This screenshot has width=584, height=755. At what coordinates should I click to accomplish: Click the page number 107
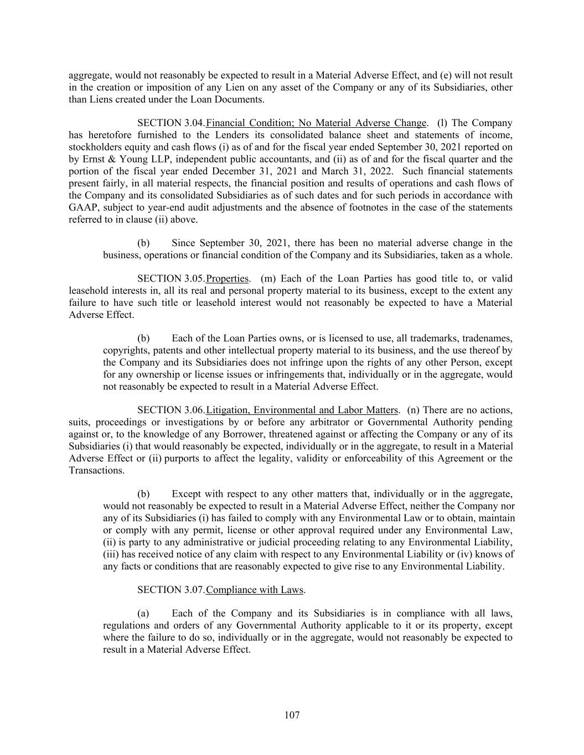(292, 715)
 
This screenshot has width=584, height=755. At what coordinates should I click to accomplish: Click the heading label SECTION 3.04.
(171, 123)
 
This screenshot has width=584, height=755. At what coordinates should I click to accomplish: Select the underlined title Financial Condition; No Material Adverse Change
(316, 123)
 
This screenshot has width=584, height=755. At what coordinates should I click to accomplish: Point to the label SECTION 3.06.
(171, 410)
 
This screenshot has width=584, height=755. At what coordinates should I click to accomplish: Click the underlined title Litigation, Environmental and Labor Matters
(302, 410)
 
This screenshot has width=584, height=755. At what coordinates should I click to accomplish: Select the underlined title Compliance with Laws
(255, 590)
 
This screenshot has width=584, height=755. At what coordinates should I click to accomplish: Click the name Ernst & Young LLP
(122, 159)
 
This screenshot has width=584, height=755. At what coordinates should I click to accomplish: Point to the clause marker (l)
(442, 123)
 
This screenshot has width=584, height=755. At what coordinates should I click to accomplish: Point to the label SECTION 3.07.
(171, 590)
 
